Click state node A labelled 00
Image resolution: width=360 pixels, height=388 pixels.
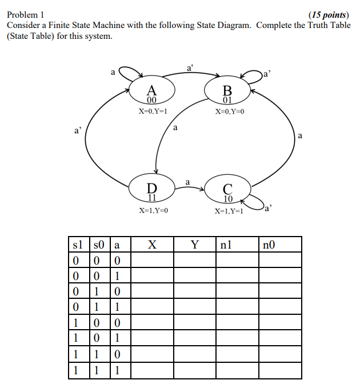click(x=151, y=93)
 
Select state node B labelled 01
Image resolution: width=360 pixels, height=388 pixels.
click(x=227, y=93)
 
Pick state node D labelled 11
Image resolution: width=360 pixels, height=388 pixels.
click(x=151, y=191)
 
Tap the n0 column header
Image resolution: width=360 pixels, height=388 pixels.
click(x=269, y=245)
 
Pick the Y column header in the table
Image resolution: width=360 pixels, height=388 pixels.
click(x=195, y=245)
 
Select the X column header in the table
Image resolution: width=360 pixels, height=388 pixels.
click(x=152, y=245)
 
